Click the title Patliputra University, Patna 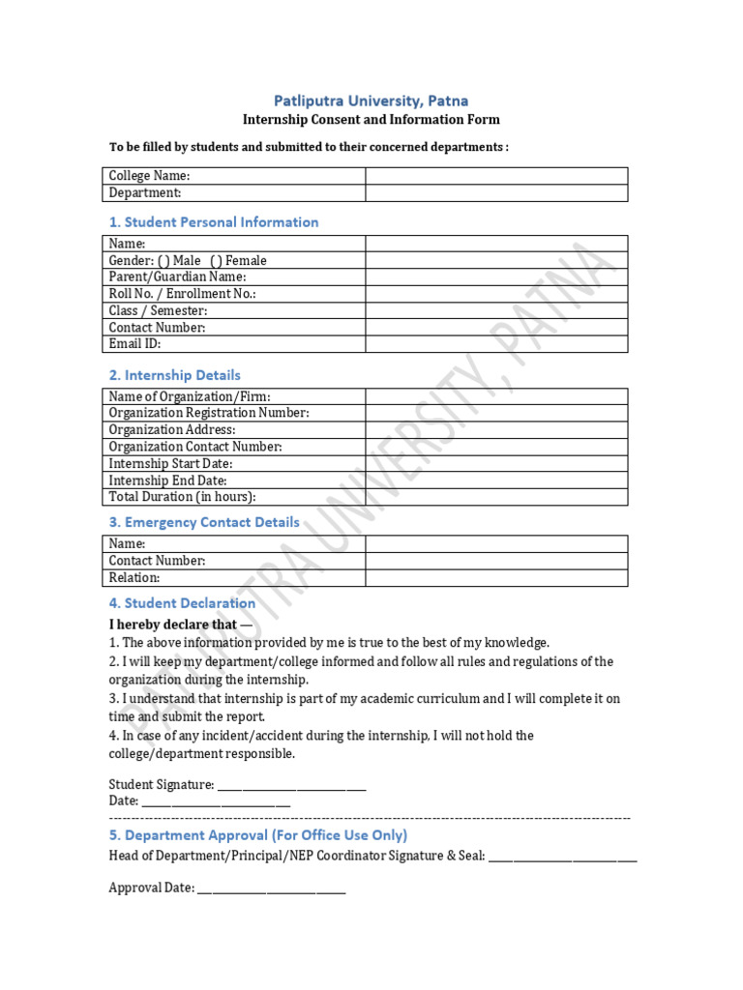tap(371, 101)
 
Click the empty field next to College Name tap(495, 176)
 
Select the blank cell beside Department tap(495, 193)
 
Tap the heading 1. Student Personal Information tap(214, 222)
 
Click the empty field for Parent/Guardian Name tap(495, 277)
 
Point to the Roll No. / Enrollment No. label tap(183, 294)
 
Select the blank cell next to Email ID tap(495, 344)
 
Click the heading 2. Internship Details tap(175, 375)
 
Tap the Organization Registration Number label tap(209, 413)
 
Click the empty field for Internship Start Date tap(495, 464)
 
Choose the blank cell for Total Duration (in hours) tap(495, 497)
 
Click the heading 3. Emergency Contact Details tap(204, 523)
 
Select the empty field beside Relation tap(495, 578)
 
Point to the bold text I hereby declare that tap(173, 625)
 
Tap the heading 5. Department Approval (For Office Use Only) tap(258, 835)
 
